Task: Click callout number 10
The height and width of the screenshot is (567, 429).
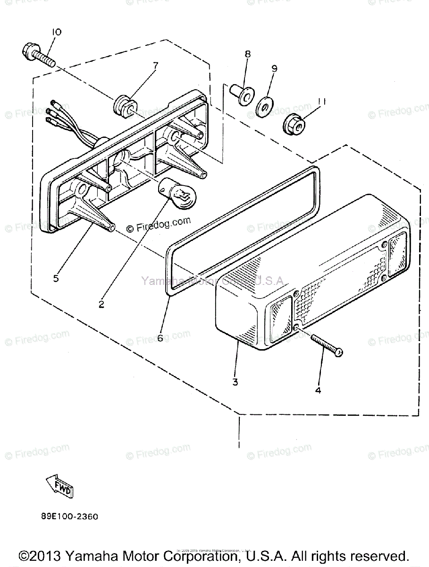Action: (x=56, y=32)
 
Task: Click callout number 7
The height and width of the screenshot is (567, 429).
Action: (x=155, y=65)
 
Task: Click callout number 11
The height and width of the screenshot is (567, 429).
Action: (x=309, y=101)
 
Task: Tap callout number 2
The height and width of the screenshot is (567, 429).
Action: (x=101, y=305)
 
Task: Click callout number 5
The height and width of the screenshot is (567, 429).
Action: (x=56, y=278)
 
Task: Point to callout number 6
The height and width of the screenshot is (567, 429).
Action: (x=160, y=338)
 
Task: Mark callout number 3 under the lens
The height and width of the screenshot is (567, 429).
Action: (x=236, y=382)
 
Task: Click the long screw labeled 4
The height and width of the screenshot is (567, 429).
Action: (x=326, y=345)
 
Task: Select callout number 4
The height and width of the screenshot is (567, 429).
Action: (x=318, y=390)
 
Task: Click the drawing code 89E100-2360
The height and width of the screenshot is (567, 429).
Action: (x=69, y=516)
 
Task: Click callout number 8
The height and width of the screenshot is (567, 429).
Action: (x=247, y=54)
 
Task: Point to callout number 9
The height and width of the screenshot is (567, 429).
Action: (x=274, y=68)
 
